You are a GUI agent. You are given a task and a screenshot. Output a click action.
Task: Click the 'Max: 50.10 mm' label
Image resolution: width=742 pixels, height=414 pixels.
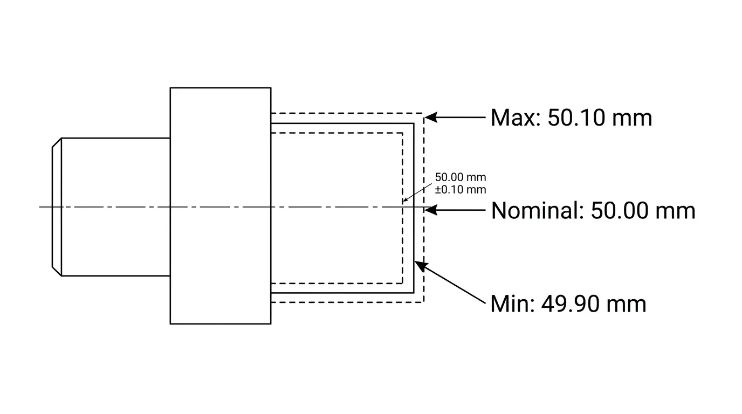click(571, 118)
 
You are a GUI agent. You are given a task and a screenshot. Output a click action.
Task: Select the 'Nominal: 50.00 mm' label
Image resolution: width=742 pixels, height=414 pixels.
click(593, 210)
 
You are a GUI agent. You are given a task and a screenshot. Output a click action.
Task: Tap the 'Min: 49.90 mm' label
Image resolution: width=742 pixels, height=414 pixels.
click(568, 303)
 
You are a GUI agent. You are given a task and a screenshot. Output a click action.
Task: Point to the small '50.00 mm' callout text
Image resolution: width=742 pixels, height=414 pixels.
click(461, 177)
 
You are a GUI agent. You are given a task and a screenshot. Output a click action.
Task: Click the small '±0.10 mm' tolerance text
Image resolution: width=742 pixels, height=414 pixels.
click(461, 189)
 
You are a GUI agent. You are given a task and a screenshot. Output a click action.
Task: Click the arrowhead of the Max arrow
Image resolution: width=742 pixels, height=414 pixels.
click(431, 117)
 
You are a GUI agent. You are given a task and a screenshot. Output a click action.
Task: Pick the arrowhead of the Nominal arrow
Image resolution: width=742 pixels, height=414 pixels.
click(431, 210)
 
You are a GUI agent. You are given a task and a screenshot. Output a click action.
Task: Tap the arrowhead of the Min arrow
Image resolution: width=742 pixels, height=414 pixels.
click(421, 266)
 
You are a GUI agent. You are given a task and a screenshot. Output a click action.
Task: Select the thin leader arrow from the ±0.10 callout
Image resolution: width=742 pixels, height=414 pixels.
click(417, 192)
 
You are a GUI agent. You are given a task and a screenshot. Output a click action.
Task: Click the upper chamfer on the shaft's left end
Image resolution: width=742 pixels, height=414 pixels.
click(57, 142)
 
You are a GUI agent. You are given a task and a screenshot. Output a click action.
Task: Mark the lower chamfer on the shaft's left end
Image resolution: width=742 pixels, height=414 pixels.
click(57, 271)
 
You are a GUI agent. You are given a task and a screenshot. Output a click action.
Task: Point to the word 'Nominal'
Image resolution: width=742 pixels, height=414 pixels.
click(537, 210)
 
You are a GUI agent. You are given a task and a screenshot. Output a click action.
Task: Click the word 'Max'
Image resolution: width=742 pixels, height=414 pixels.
click(516, 118)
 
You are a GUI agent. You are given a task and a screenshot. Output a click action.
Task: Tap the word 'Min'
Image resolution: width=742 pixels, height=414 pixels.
click(512, 303)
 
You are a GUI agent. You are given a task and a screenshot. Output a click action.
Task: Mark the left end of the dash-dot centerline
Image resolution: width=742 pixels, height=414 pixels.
click(39, 207)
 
